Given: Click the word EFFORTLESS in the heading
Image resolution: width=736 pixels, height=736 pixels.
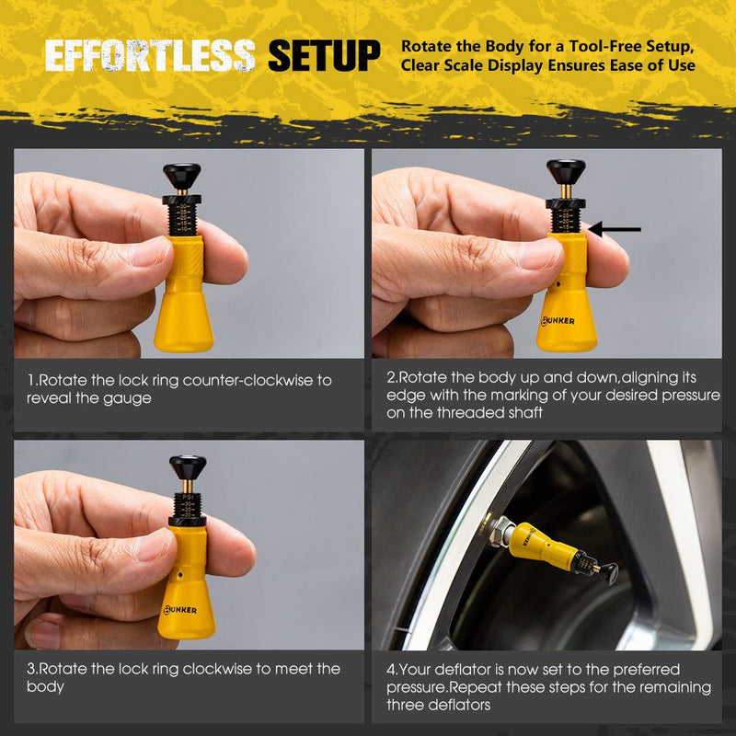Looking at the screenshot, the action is click(x=150, y=56).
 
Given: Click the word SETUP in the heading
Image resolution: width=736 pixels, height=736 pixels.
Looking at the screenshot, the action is click(x=324, y=56).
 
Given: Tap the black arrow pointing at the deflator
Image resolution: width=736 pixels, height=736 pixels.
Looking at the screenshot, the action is click(x=614, y=229).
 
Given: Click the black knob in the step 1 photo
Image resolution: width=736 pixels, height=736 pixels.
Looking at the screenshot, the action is click(x=182, y=176).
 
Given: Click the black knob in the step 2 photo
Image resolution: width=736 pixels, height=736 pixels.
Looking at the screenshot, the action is click(x=566, y=172).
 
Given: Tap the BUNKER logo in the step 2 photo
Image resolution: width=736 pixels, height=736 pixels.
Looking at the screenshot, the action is click(x=558, y=321).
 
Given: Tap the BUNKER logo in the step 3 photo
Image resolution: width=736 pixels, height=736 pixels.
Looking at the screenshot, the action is click(x=179, y=610).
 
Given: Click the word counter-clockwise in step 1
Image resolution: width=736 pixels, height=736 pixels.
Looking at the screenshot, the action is click(x=249, y=380).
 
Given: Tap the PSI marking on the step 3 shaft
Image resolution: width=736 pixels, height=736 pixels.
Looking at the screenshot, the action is click(x=188, y=497).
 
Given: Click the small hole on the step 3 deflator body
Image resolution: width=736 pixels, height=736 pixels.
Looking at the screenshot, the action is click(x=181, y=573).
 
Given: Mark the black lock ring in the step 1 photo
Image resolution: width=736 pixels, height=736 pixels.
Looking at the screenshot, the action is click(x=182, y=200).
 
